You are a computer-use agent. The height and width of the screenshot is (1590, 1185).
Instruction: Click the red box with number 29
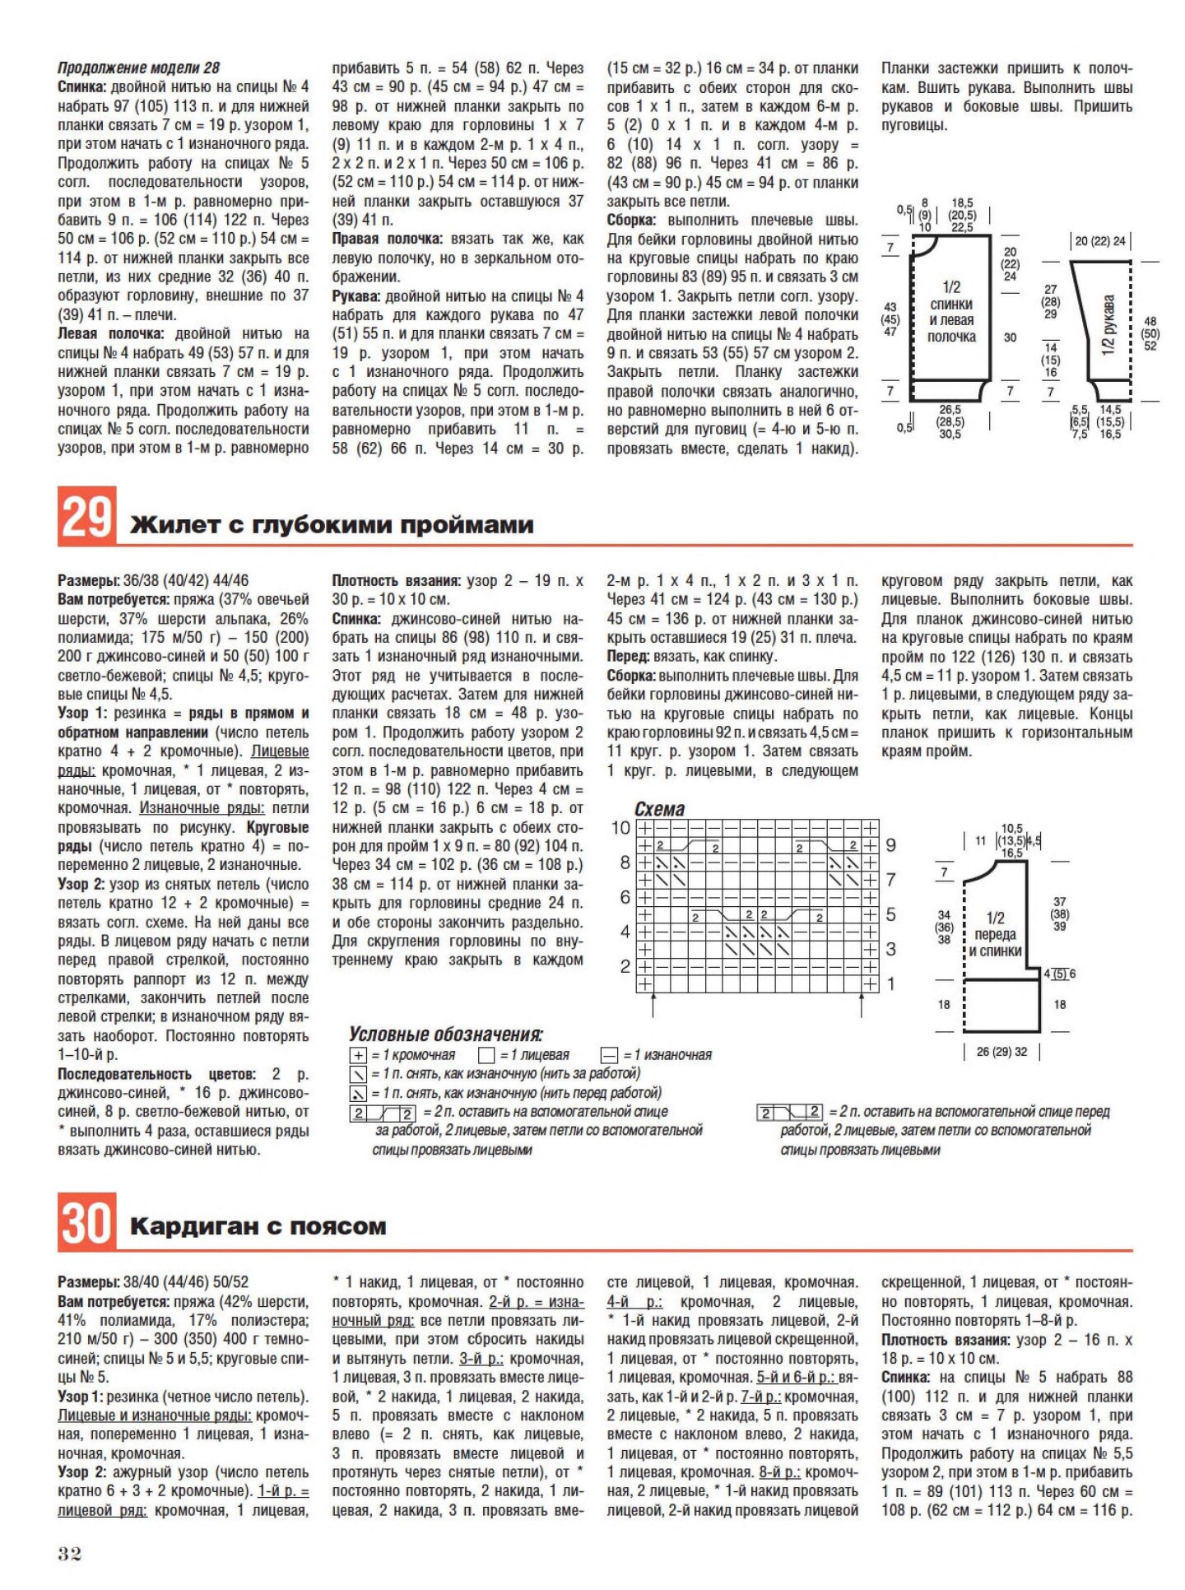(x=86, y=515)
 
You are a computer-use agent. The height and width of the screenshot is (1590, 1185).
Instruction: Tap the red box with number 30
(x=86, y=1220)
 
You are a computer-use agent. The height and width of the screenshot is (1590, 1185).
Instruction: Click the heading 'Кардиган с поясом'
(x=258, y=1226)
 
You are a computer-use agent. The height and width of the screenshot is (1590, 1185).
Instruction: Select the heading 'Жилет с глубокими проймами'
(x=332, y=524)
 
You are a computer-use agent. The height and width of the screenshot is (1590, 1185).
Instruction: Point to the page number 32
(x=70, y=1553)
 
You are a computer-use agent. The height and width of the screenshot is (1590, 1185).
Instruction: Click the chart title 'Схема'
(x=659, y=809)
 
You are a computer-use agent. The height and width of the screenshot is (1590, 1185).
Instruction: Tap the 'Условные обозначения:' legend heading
(x=446, y=1034)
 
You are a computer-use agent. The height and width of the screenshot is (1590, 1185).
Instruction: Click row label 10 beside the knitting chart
(x=620, y=828)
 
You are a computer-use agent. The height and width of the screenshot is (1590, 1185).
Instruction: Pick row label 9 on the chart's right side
(x=890, y=845)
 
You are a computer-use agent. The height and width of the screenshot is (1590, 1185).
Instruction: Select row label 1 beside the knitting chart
(x=890, y=983)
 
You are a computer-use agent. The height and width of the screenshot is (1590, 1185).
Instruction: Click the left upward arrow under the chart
(x=653, y=1005)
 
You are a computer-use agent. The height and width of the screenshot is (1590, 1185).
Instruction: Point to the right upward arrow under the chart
(x=861, y=1005)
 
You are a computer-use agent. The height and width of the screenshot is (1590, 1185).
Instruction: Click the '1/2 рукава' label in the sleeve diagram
(x=1108, y=326)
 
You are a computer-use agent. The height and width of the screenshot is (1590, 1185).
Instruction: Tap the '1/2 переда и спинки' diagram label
(x=995, y=934)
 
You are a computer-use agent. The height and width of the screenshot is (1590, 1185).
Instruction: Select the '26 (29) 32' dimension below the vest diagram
(x=1001, y=1051)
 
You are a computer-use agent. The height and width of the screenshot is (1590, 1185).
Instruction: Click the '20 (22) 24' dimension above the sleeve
(x=1100, y=241)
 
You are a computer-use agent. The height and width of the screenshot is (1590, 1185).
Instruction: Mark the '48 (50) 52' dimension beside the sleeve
(x=1150, y=333)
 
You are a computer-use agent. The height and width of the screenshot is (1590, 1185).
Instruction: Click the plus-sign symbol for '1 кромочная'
(x=358, y=1055)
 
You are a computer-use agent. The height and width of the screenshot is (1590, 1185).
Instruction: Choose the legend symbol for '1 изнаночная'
(x=609, y=1055)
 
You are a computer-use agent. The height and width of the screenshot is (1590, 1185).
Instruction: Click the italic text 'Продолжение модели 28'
(x=138, y=67)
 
